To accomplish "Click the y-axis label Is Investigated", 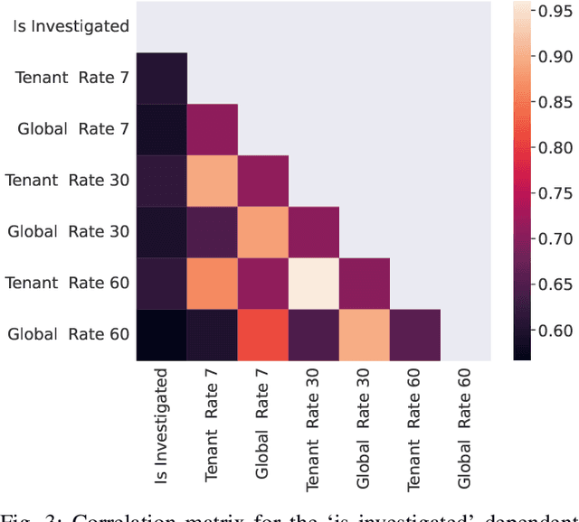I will [x=71, y=26].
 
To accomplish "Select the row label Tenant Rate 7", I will [x=72, y=78].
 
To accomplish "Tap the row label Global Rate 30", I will [x=68, y=231].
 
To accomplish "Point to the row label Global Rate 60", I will [x=68, y=334].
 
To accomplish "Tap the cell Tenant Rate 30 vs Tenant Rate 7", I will [x=213, y=181].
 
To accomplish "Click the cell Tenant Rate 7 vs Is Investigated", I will [x=162, y=78].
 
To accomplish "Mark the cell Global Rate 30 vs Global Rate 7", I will [x=263, y=232].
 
